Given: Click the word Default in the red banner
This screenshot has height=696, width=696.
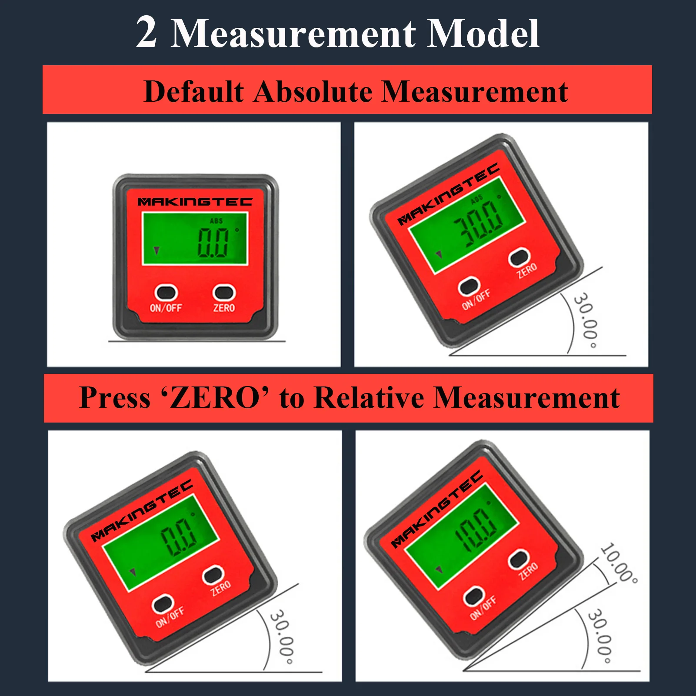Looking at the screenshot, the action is (193, 92).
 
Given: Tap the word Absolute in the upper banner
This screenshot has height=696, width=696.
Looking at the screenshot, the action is (312, 92).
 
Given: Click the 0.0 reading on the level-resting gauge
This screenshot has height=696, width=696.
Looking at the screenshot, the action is (213, 242).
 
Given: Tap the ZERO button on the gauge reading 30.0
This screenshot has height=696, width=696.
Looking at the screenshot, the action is (519, 257).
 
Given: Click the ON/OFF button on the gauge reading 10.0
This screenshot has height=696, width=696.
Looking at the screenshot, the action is (473, 596).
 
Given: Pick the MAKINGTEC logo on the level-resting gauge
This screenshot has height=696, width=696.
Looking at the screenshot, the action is (195, 202).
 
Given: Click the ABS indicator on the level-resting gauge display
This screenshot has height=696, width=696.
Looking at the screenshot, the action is (216, 221).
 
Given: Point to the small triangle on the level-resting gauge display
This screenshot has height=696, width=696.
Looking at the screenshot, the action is (157, 250).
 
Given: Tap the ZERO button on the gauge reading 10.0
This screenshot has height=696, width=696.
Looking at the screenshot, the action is (519, 559).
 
